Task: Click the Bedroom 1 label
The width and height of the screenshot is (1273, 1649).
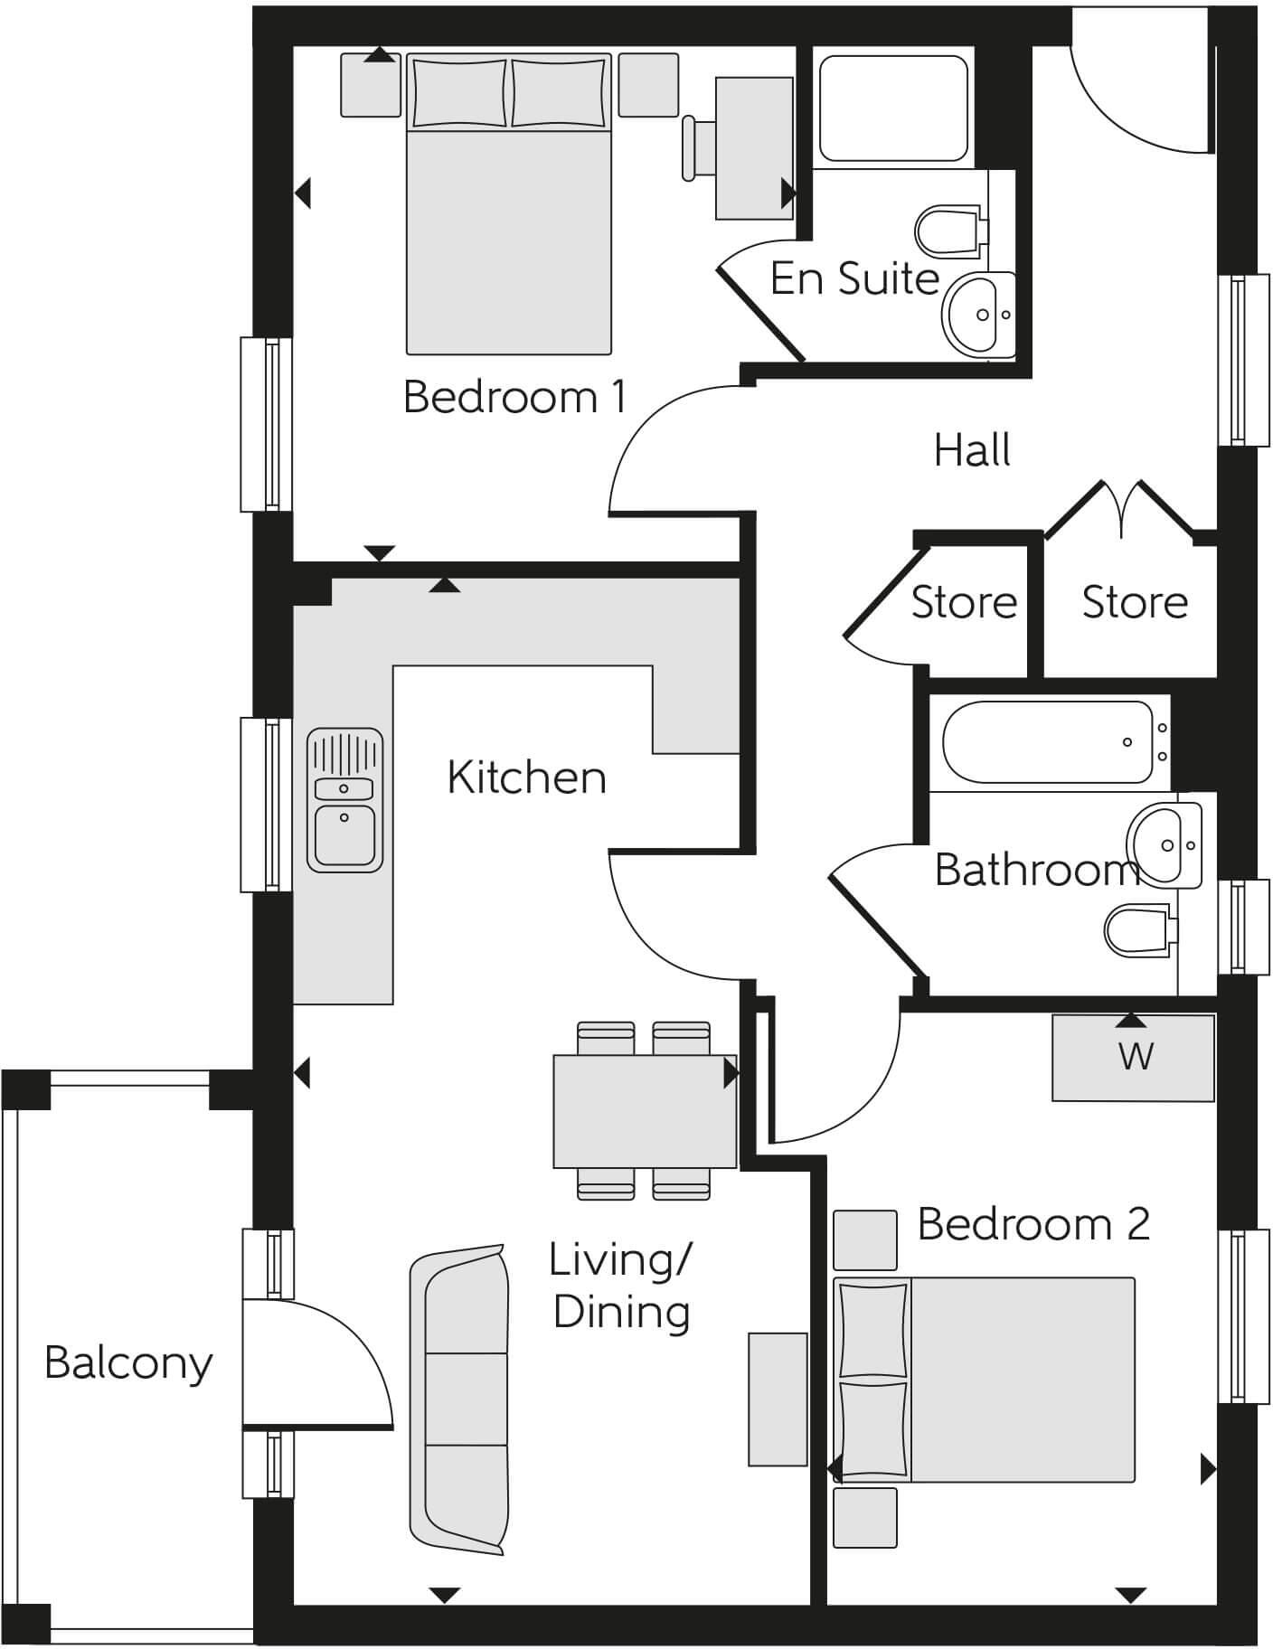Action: click(x=514, y=397)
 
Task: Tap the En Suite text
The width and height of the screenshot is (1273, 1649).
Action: click(x=854, y=278)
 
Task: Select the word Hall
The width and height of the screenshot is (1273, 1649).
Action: click(x=972, y=450)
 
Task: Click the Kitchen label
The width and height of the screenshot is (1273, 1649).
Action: click(x=526, y=777)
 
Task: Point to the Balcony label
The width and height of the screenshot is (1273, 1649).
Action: click(x=128, y=1362)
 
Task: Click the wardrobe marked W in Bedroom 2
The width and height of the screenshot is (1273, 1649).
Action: click(x=1133, y=1057)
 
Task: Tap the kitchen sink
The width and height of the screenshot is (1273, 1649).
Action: click(x=344, y=801)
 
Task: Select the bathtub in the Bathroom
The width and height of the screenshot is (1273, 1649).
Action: click(x=1049, y=742)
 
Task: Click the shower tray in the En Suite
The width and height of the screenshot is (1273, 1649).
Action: click(x=892, y=108)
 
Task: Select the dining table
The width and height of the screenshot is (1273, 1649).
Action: click(x=644, y=1110)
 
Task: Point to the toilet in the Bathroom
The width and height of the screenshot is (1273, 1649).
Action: click(x=1139, y=930)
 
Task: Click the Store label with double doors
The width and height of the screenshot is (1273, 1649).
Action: click(x=1135, y=602)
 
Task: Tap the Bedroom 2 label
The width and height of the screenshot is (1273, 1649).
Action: click(x=1033, y=1224)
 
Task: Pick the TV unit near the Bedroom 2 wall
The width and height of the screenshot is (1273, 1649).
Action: click(x=778, y=1399)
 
